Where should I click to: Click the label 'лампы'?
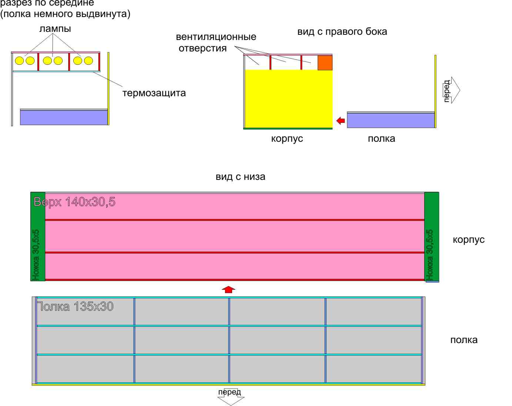point(55,28)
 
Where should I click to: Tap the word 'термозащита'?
point(154,93)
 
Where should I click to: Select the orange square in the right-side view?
point(325,63)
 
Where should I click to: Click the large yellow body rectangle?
point(288,98)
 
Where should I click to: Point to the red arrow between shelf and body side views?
point(341,121)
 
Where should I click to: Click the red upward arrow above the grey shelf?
point(229,289)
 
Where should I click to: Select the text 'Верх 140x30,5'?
point(74,202)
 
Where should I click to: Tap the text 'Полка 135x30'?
point(75,307)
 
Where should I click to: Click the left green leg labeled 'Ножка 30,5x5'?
point(37,237)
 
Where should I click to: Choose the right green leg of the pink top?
point(431,237)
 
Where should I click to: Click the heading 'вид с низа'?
point(240,177)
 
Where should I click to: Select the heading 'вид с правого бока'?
point(342,32)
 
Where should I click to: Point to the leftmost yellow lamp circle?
point(19,61)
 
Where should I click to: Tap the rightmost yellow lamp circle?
point(88,61)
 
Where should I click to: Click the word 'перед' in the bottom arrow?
point(230,392)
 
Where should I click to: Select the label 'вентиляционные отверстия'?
point(216,43)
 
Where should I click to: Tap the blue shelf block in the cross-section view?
point(64,117)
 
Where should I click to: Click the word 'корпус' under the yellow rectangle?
point(287,139)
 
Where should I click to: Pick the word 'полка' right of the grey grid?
point(464,340)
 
